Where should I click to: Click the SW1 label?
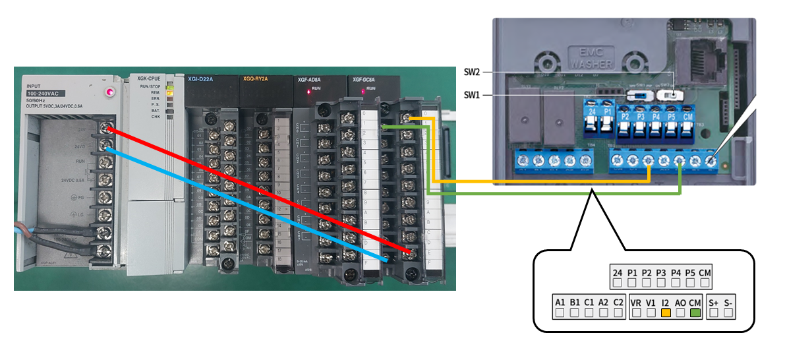pyautogui.click(x=471, y=95)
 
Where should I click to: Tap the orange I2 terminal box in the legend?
pyautogui.click(x=666, y=313)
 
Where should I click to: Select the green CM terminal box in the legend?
pyautogui.click(x=695, y=313)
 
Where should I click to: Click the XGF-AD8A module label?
pyautogui.click(x=309, y=80)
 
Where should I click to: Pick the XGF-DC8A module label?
pyautogui.click(x=364, y=80)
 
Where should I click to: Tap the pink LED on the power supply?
pyautogui.click(x=109, y=92)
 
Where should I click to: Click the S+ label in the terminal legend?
pyautogui.click(x=714, y=302)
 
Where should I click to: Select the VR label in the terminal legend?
pyautogui.click(x=636, y=302)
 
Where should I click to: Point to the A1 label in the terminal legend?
pyautogui.click(x=560, y=302)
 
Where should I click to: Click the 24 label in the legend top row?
pyautogui.click(x=617, y=272)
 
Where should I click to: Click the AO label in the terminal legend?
pyautogui.click(x=680, y=302)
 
